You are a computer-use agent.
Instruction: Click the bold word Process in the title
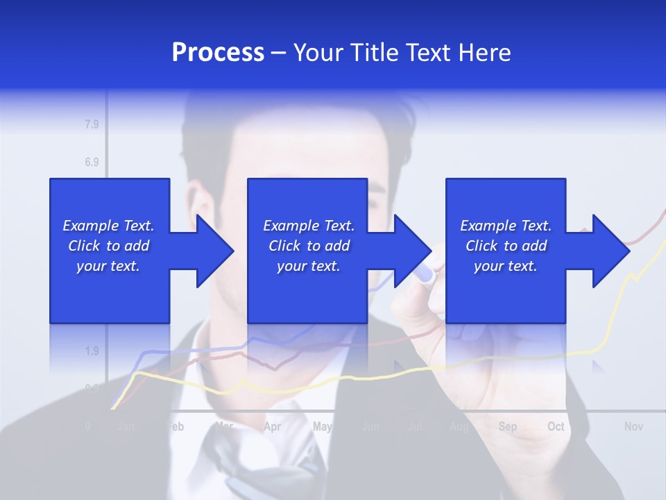click(218, 53)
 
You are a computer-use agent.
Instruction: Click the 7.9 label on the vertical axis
click(92, 125)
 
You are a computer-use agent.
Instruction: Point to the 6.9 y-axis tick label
click(92, 162)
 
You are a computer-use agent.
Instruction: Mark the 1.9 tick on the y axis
click(92, 351)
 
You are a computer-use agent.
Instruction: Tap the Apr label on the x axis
click(272, 426)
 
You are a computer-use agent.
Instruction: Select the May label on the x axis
click(322, 426)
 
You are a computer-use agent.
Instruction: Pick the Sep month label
click(507, 426)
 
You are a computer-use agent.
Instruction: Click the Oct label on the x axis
click(556, 426)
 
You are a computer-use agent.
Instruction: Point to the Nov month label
click(633, 426)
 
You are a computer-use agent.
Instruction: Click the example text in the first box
click(109, 246)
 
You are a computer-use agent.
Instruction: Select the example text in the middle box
click(309, 246)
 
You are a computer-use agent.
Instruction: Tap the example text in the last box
click(506, 246)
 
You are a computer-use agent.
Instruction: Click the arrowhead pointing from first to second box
click(213, 251)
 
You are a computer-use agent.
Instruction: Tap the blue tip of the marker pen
click(425, 274)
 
